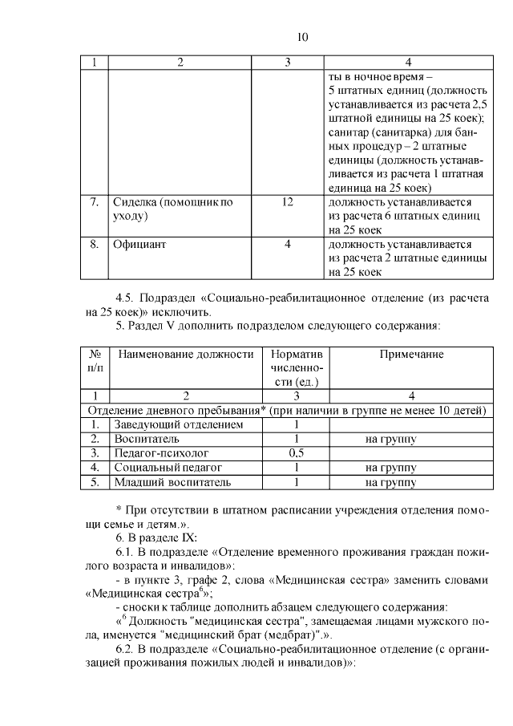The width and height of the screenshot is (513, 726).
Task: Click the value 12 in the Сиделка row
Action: click(x=287, y=202)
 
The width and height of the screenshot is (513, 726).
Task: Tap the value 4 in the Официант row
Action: click(x=287, y=245)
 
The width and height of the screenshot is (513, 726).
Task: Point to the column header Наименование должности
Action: click(x=185, y=354)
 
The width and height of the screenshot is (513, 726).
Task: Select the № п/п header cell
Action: click(x=95, y=360)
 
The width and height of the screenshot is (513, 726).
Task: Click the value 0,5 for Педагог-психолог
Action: click(x=296, y=453)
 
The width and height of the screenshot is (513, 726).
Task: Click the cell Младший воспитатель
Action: click(x=172, y=482)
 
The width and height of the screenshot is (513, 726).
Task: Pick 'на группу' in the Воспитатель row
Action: click(x=390, y=439)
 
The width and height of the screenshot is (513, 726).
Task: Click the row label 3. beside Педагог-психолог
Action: click(x=95, y=453)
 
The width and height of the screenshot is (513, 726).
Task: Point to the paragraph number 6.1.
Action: click(x=126, y=553)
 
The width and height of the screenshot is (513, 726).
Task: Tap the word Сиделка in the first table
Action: click(x=135, y=202)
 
